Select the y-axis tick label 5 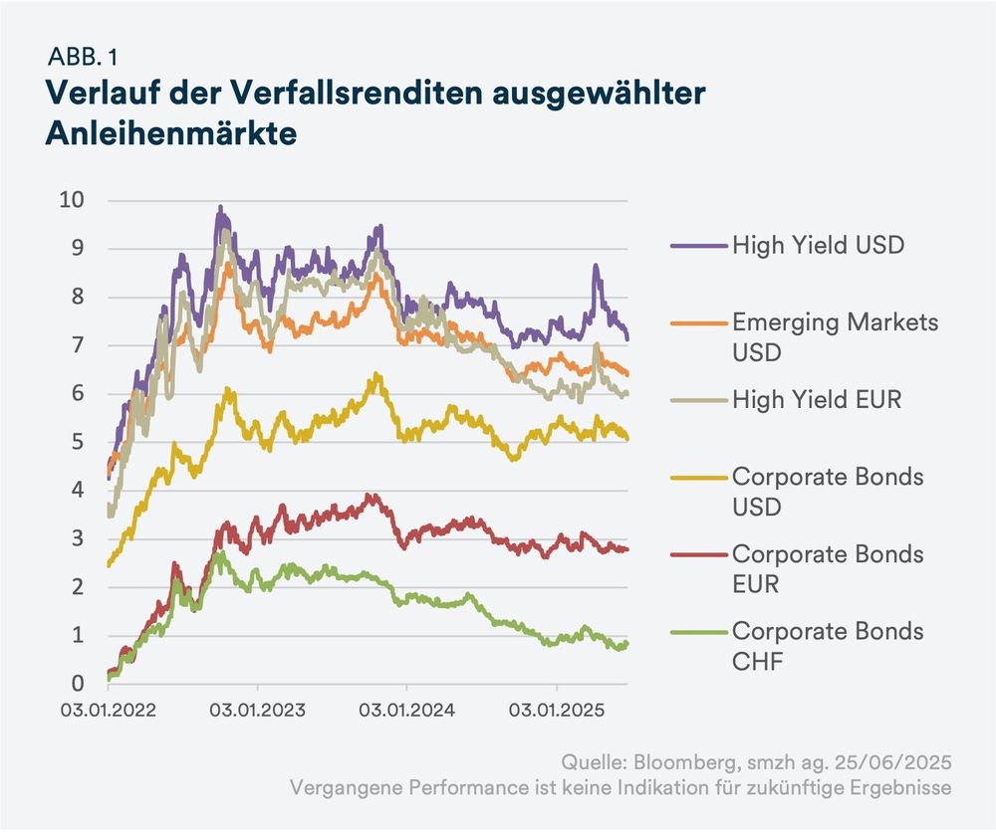pos(77,442)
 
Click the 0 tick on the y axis pos(77,684)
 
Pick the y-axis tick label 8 pos(77,297)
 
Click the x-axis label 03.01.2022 pos(108,712)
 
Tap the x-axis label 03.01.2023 pos(257,712)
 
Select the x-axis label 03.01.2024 pos(406,712)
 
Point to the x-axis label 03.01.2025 pos(556,712)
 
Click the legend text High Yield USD pos(818,244)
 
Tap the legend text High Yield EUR pos(816,400)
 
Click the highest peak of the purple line pos(220,208)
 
